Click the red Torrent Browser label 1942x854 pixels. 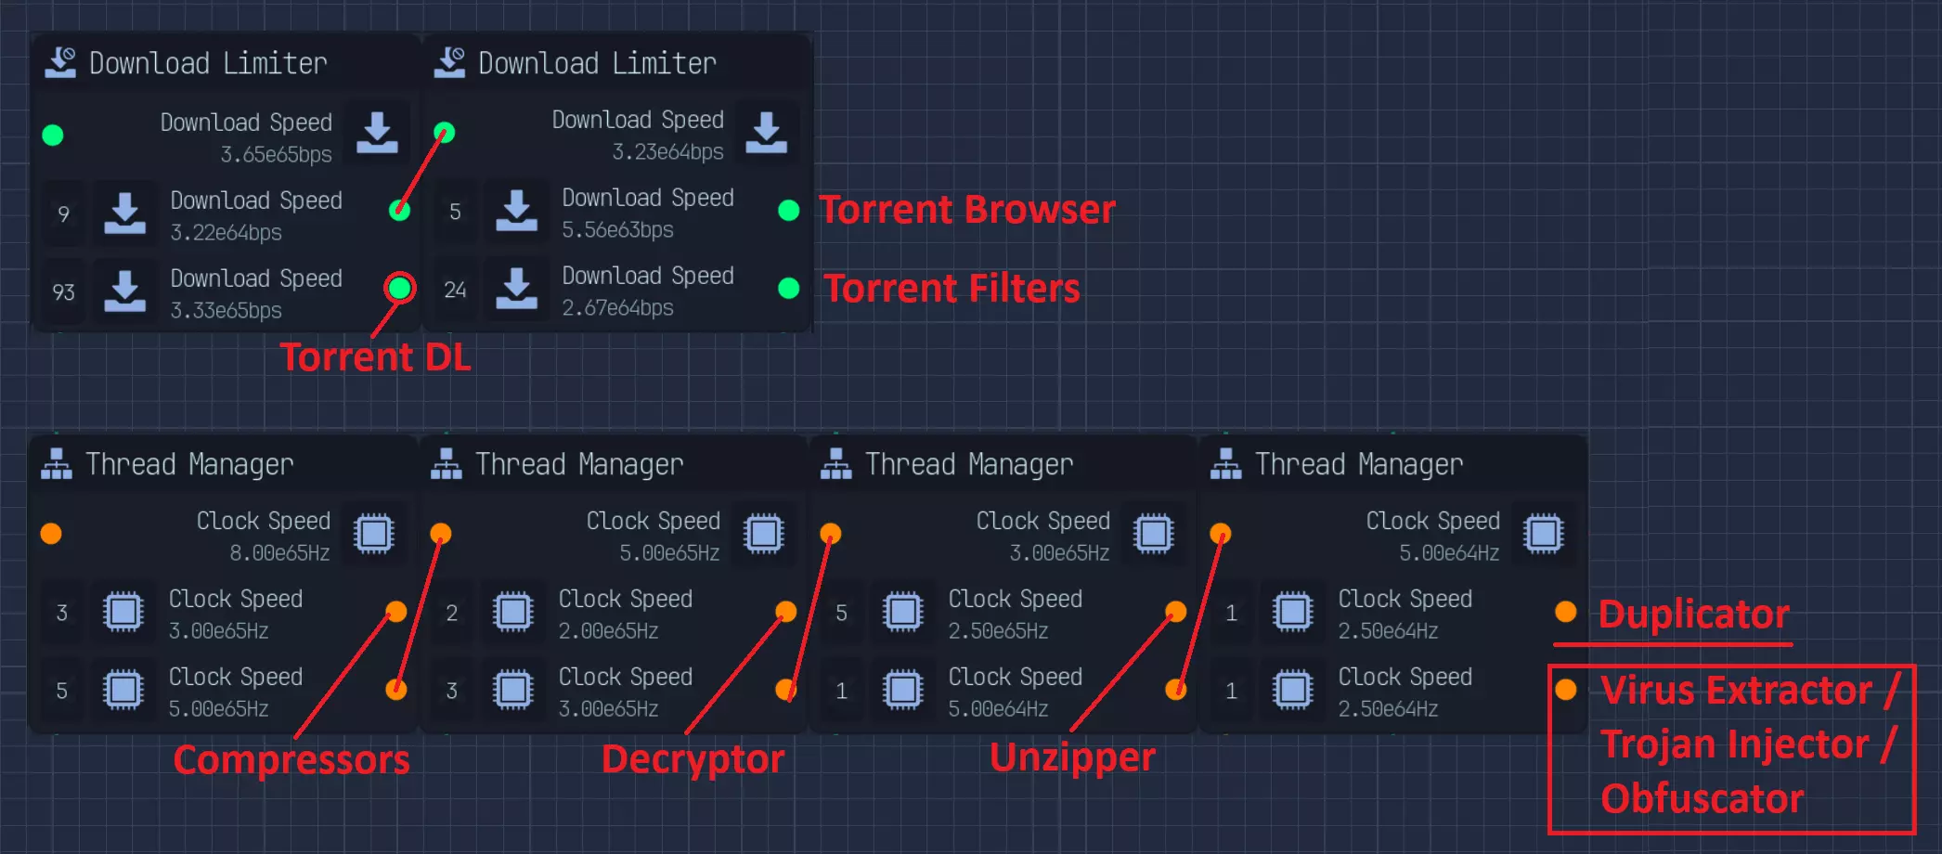[967, 210]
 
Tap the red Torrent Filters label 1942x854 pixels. [952, 289]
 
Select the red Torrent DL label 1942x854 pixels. [375, 357]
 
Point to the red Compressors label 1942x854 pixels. [291, 760]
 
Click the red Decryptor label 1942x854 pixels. [693, 759]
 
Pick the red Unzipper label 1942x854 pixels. [1072, 757]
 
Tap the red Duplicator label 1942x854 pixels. [1693, 615]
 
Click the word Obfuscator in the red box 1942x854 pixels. [1702, 799]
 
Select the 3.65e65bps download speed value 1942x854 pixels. [276, 155]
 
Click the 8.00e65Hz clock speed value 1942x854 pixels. [279, 553]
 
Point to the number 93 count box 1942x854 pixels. [63, 292]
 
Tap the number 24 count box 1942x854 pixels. [455, 291]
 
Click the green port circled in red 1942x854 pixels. [400, 289]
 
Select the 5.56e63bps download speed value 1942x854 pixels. [617, 230]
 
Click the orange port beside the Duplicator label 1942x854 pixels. [1566, 612]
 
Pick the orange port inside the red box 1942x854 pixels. [1566, 690]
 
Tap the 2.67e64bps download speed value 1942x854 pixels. [617, 308]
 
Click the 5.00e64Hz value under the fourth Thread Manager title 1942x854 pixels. [1449, 553]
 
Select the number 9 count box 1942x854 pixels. [63, 214]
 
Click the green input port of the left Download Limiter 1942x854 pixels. [53, 136]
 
